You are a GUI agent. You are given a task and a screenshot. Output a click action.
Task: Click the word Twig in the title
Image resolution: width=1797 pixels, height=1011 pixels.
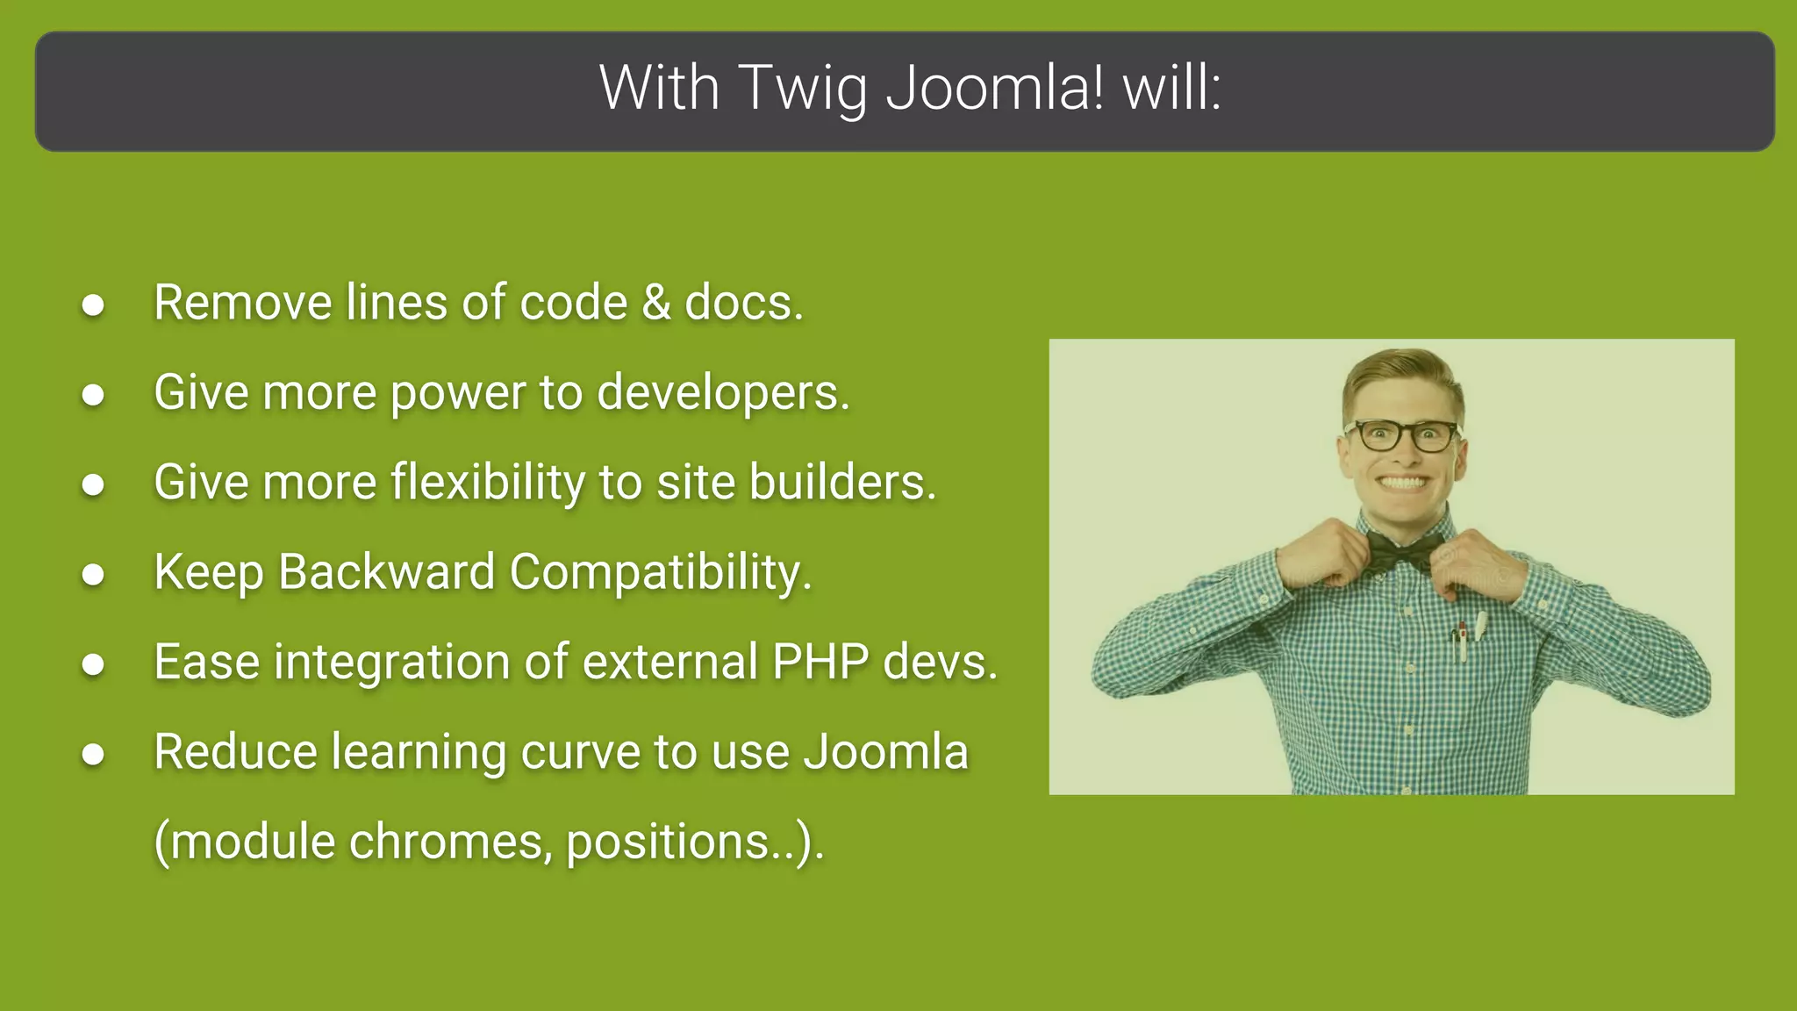[802, 90]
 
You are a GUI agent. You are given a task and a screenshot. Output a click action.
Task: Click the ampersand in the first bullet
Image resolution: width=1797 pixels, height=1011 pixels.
[655, 303]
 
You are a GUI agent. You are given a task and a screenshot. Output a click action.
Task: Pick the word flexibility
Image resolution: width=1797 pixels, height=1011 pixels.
[487, 483]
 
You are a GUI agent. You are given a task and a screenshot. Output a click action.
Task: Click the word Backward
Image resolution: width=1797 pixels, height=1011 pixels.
[386, 572]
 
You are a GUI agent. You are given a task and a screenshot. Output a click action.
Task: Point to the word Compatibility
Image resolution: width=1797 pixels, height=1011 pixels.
[660, 572]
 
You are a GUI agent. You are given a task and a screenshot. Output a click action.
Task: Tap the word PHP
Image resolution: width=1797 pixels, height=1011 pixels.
[820, 662]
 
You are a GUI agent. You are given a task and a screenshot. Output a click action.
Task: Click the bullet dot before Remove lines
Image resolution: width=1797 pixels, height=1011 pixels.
[93, 305]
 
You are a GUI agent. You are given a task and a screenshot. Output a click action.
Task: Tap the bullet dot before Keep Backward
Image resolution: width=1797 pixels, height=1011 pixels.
[93, 575]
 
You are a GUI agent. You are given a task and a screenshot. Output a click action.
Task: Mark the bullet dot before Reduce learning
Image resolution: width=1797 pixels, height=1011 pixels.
[93, 755]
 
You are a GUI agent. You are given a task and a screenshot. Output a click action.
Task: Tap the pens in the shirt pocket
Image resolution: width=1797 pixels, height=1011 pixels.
[1468, 639]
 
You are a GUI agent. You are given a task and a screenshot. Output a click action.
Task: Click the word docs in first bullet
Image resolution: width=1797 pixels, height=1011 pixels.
[741, 303]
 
